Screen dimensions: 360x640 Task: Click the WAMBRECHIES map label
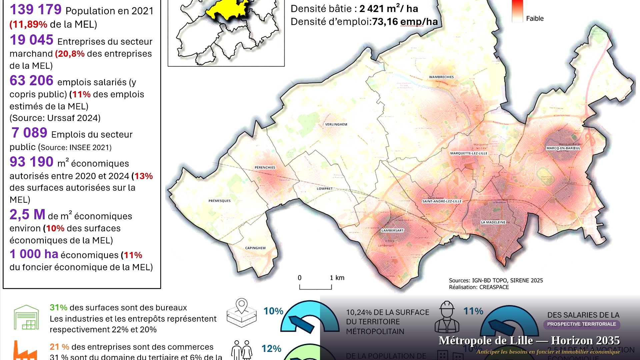(441, 77)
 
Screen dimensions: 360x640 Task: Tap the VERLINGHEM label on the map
(336, 124)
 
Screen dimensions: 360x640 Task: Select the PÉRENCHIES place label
(265, 167)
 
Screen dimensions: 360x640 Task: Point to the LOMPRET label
(325, 189)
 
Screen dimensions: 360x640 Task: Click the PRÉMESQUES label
(219, 201)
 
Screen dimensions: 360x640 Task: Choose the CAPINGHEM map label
(255, 248)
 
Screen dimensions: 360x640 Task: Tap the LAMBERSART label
(392, 230)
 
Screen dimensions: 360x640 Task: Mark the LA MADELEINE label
(493, 222)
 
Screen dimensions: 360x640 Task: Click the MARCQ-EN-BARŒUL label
(563, 148)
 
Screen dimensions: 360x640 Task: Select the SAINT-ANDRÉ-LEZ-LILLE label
(442, 201)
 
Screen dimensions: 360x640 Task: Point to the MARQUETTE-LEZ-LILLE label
(469, 153)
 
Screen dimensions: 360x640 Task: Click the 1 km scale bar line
(315, 289)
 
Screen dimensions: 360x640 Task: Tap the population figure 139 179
(36, 9)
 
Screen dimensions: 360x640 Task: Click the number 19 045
(32, 40)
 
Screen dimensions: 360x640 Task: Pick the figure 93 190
(32, 162)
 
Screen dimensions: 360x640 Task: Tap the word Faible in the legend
(535, 19)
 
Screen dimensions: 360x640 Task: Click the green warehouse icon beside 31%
(26, 317)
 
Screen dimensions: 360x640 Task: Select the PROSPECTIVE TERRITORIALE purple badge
(581, 324)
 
